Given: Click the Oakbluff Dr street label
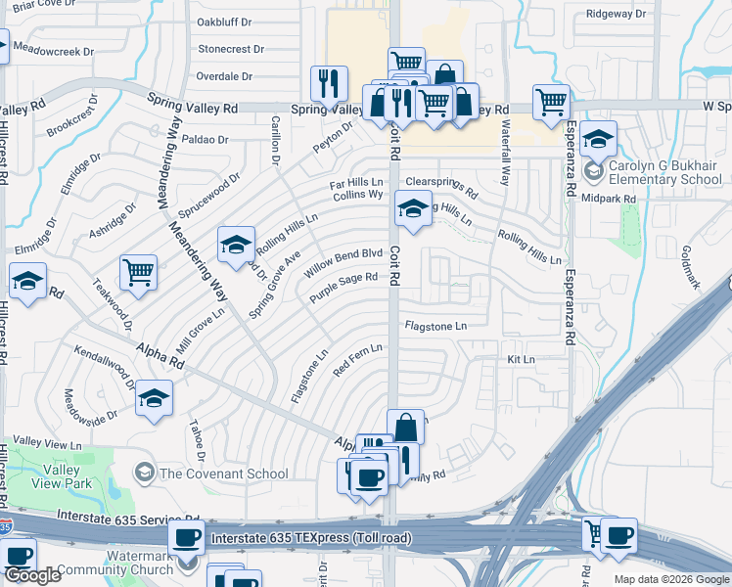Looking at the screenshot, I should pyautogui.click(x=224, y=21).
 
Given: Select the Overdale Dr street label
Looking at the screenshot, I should pyautogui.click(x=224, y=75).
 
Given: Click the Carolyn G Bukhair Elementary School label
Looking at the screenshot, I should pyautogui.click(x=665, y=172).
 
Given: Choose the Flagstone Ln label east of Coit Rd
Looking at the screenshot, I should pyautogui.click(x=435, y=326).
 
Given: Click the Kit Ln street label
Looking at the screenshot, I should pyautogui.click(x=521, y=360).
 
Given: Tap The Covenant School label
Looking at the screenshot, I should pyautogui.click(x=224, y=474).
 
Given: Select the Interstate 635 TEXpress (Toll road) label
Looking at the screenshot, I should pyautogui.click(x=311, y=537).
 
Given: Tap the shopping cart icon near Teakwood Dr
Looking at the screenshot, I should pyautogui.click(x=138, y=273).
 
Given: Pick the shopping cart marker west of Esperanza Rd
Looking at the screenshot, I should pyautogui.click(x=551, y=101).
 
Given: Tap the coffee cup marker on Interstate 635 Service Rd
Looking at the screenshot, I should pyautogui.click(x=187, y=537).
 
